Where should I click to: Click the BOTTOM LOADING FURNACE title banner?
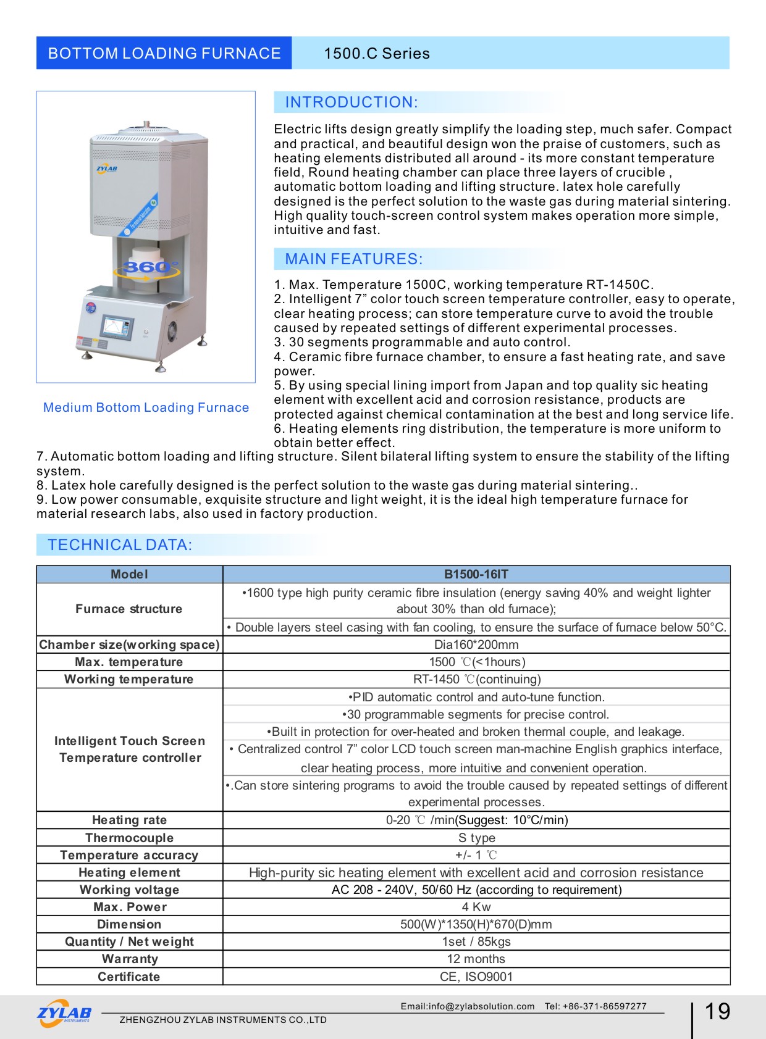(164, 53)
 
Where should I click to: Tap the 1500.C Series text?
(377, 54)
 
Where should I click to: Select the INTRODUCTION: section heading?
(351, 102)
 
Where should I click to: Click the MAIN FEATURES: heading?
(354, 259)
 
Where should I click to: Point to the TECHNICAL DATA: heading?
(120, 545)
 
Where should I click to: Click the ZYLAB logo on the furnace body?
(107, 168)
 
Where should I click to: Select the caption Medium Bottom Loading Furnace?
(146, 407)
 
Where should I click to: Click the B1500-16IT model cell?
(476, 574)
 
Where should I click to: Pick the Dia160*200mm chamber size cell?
(476, 645)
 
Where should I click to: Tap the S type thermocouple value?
(476, 838)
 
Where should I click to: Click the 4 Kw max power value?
(476, 907)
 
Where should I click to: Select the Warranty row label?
(130, 959)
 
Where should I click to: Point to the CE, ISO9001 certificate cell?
(476, 977)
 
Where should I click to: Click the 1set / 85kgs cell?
(476, 941)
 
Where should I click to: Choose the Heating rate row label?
(130, 820)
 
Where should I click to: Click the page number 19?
(717, 1011)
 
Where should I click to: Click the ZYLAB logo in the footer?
(64, 1013)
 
